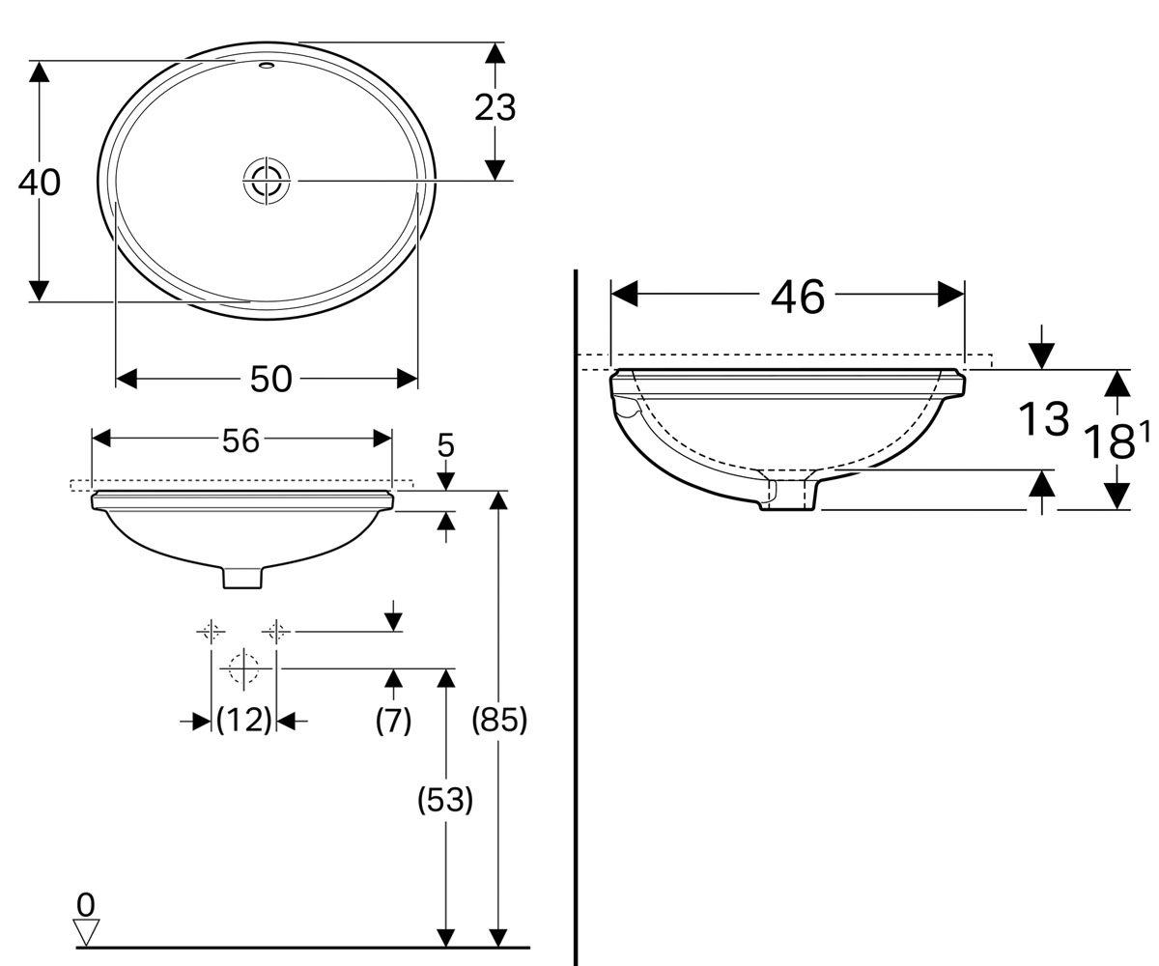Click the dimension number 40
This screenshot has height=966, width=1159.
(40, 183)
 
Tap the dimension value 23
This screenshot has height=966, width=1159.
(495, 107)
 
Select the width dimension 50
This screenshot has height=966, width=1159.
(270, 380)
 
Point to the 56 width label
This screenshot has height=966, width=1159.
(240, 441)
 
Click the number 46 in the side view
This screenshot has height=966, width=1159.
(798, 297)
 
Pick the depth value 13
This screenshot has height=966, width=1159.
(1043, 419)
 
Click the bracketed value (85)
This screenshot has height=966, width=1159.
(499, 721)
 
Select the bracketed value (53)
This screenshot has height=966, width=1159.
(445, 800)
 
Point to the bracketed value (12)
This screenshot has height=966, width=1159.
(243, 721)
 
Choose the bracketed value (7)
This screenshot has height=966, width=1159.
(393, 721)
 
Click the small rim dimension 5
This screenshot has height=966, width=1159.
(445, 445)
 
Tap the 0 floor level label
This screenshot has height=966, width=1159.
(86, 904)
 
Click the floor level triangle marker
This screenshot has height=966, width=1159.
(87, 932)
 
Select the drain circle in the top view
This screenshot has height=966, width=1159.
(267, 181)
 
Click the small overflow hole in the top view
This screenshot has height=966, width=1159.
(267, 65)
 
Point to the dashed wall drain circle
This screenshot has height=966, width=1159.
(243, 668)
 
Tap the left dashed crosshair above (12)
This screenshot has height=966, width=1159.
(211, 631)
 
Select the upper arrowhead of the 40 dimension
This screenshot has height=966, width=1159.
(39, 71)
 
